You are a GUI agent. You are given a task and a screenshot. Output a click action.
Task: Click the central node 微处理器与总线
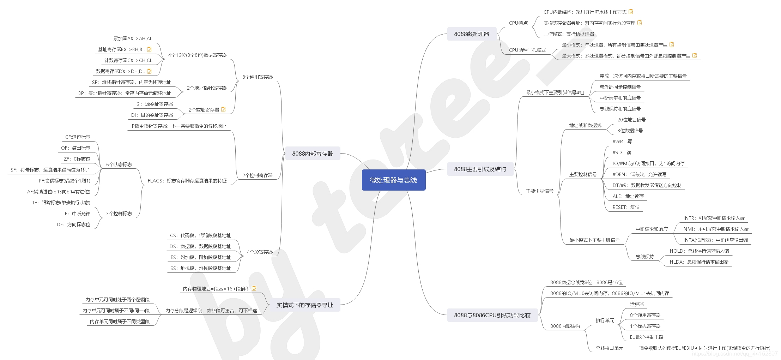(x=393, y=180)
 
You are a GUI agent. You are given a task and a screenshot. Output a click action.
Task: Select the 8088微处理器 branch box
(x=472, y=34)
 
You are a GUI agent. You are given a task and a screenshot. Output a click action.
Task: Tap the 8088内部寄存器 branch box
(x=312, y=154)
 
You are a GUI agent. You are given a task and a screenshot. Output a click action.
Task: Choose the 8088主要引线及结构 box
(x=480, y=169)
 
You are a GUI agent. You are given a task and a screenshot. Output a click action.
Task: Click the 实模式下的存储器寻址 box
(x=304, y=305)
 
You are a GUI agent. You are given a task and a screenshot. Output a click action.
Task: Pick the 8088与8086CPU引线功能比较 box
(x=492, y=315)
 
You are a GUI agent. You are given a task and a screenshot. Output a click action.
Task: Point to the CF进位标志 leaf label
(x=78, y=137)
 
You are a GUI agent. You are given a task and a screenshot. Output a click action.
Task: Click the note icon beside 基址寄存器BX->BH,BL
(x=149, y=49)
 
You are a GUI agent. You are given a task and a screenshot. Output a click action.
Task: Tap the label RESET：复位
(x=626, y=207)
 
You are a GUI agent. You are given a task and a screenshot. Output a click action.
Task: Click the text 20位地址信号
(x=631, y=120)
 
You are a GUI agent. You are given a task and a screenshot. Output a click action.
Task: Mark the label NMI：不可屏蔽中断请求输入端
(x=716, y=229)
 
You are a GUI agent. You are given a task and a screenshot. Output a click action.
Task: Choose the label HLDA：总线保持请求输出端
(x=699, y=262)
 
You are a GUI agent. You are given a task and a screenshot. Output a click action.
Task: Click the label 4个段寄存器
(x=260, y=252)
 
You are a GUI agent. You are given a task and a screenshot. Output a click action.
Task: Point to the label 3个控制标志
(x=119, y=214)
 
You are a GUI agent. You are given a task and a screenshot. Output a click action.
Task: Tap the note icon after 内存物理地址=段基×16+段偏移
(x=254, y=288)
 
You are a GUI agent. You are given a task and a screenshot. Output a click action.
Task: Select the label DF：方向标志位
(x=73, y=224)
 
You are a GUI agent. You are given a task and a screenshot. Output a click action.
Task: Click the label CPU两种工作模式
(x=527, y=50)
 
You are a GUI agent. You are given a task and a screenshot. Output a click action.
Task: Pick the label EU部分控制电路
(x=647, y=337)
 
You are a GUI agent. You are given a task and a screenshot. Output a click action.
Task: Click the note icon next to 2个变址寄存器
(x=223, y=109)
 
